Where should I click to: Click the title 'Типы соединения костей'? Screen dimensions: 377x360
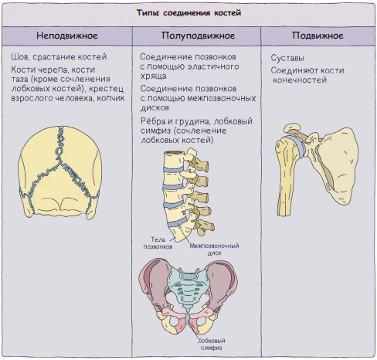tap(188, 12)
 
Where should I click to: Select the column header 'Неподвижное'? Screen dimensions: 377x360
tap(67, 36)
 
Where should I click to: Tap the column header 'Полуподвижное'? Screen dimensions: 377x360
tap(198, 36)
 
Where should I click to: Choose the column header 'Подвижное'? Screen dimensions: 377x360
tap(318, 36)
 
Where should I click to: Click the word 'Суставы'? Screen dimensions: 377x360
tap(287, 58)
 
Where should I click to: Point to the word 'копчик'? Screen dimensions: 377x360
tap(110, 98)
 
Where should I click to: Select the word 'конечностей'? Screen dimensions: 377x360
tap(300, 80)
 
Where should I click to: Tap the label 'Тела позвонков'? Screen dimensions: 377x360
tap(158, 243)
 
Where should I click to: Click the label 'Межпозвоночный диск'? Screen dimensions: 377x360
tap(214, 250)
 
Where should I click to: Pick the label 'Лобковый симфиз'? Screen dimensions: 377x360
tap(212, 344)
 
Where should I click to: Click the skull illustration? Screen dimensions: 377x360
tap(60, 172)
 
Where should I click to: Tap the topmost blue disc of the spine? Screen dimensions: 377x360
tap(174, 169)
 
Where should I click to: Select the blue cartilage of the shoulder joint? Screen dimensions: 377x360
tap(298, 145)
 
